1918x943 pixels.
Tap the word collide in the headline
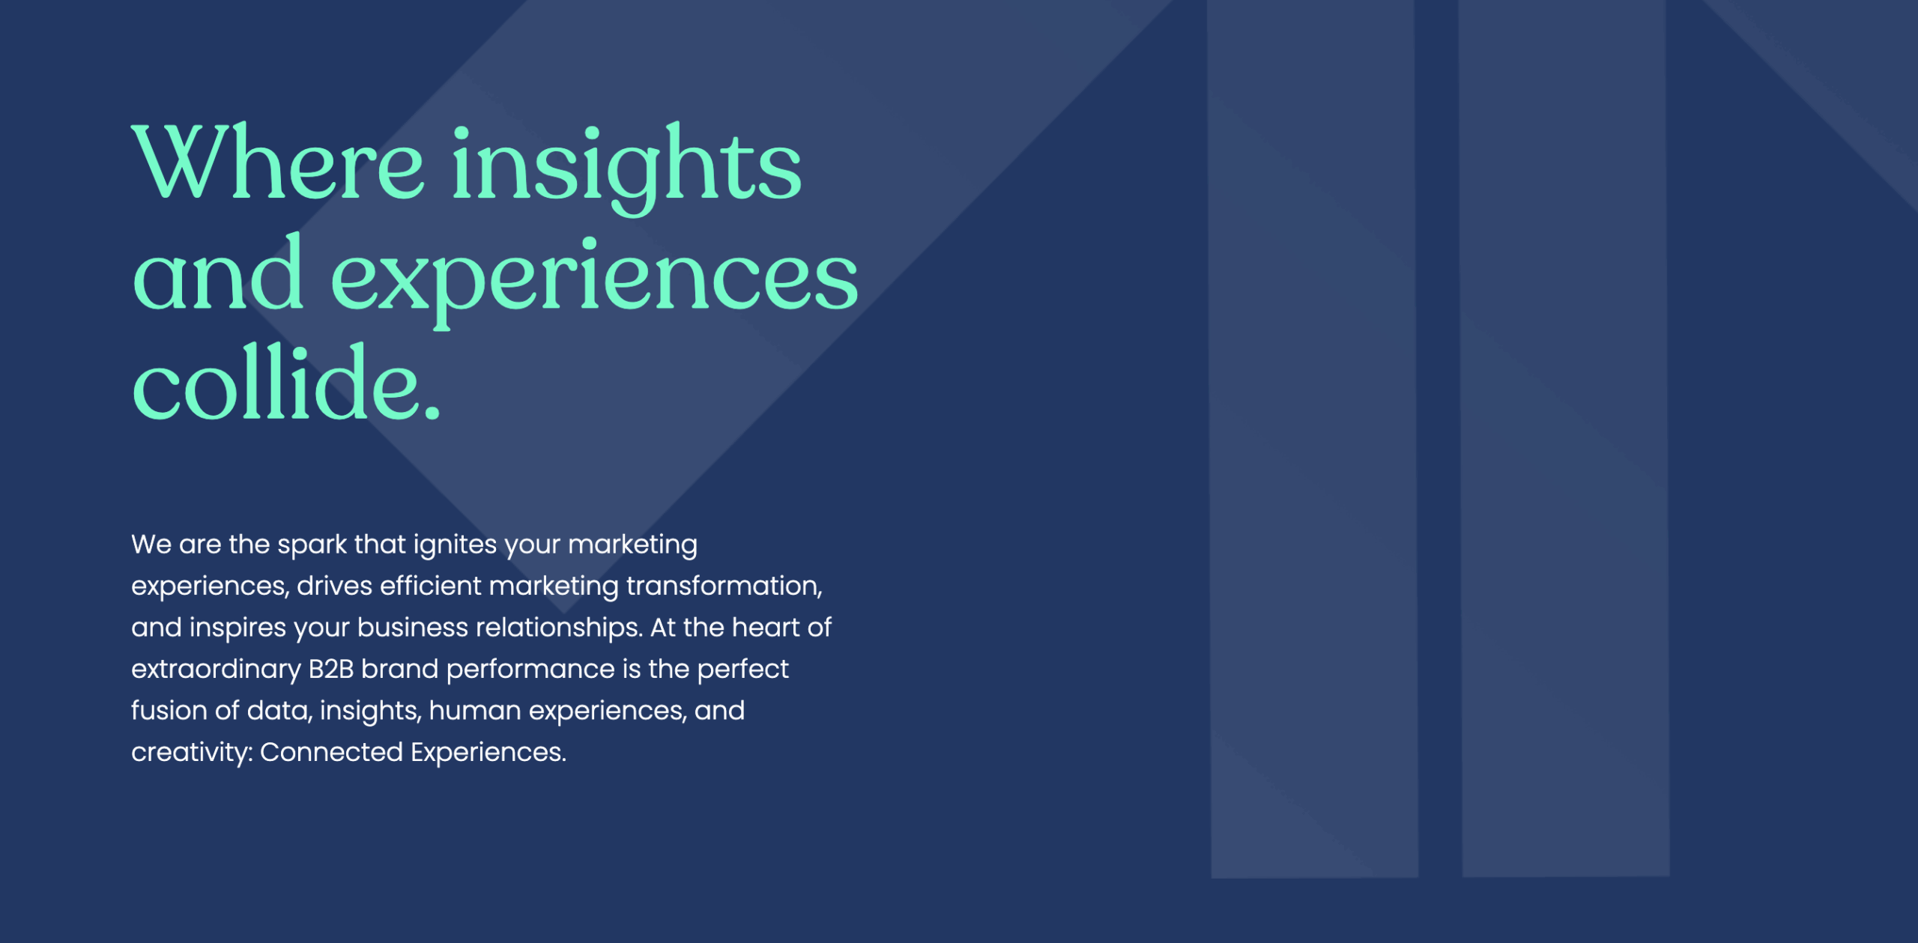[275, 383]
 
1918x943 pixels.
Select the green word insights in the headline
[627, 169]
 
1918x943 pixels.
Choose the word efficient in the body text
[430, 586]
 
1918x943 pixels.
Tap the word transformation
[724, 586]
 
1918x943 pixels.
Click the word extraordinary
[216, 670]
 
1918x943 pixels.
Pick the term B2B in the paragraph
[331, 669]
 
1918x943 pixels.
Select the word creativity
[192, 752]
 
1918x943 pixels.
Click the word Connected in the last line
[331, 752]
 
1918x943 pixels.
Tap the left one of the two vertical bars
[1313, 438]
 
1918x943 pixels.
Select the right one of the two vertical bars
[1564, 438]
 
